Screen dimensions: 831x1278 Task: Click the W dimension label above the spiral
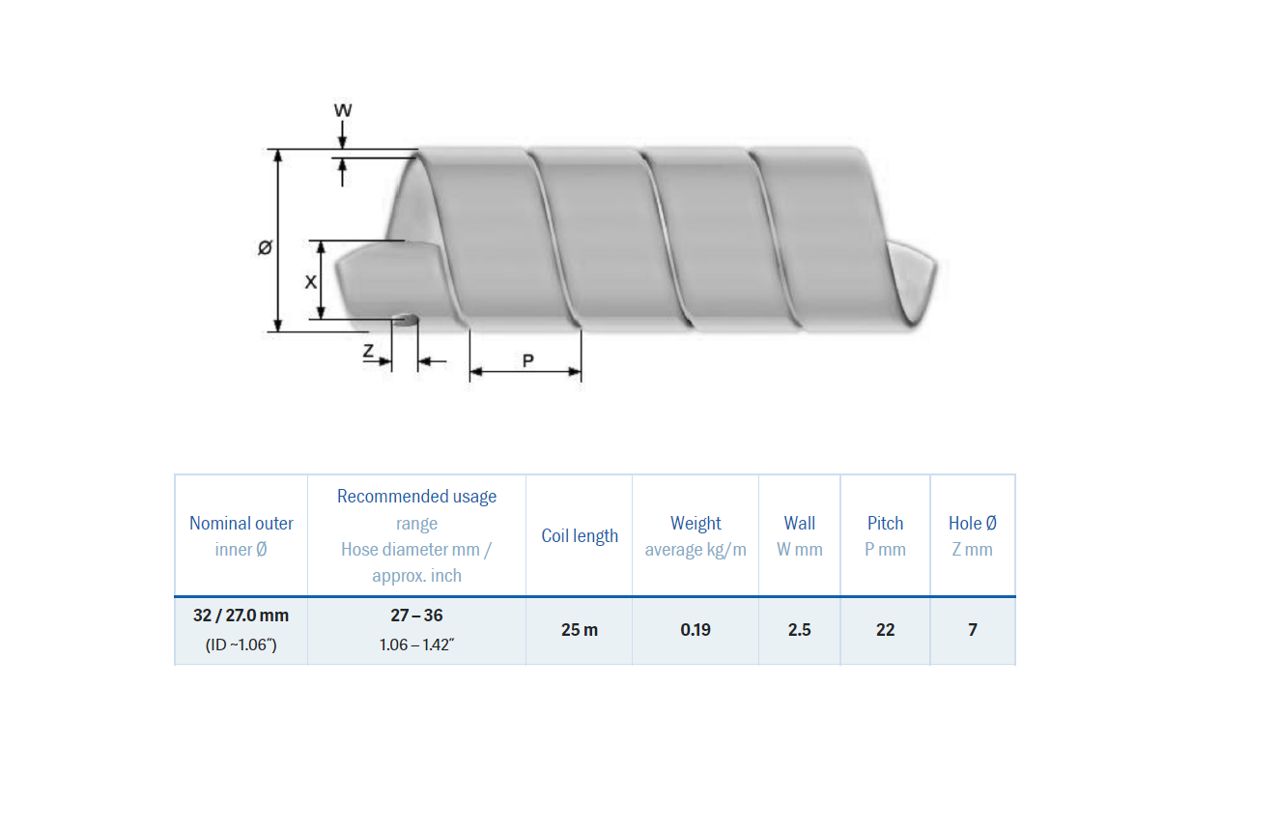pyautogui.click(x=343, y=110)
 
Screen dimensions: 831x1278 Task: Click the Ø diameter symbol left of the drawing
pyautogui.click(x=265, y=248)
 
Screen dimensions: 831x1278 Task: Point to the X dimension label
pyautogui.click(x=310, y=281)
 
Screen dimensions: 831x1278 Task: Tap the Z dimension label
pyautogui.click(x=368, y=353)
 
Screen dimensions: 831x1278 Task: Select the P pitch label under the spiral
pyautogui.click(x=527, y=360)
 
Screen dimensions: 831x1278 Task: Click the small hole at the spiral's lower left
pyautogui.click(x=407, y=318)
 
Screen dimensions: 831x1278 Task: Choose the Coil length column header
pyautogui.click(x=580, y=536)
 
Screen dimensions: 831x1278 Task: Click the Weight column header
pyautogui.click(x=696, y=523)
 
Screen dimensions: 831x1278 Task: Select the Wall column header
pyautogui.click(x=799, y=523)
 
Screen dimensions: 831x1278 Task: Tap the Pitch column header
pyautogui.click(x=885, y=523)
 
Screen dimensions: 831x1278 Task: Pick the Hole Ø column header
pyautogui.click(x=972, y=523)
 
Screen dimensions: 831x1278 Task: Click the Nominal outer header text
pyautogui.click(x=241, y=523)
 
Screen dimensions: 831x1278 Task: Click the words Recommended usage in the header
pyautogui.click(x=416, y=497)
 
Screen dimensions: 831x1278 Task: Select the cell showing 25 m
pyautogui.click(x=580, y=630)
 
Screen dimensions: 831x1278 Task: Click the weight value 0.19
pyautogui.click(x=696, y=630)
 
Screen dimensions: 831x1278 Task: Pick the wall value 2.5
pyautogui.click(x=799, y=630)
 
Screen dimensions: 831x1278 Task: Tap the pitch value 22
pyautogui.click(x=885, y=630)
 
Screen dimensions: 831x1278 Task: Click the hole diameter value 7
pyautogui.click(x=972, y=630)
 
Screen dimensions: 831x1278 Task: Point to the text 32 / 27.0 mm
pyautogui.click(x=241, y=616)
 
